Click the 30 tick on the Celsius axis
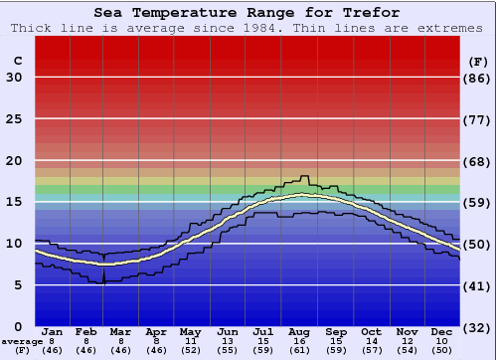(x=14, y=78)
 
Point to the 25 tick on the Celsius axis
(x=14, y=119)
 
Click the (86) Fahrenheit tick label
(x=477, y=78)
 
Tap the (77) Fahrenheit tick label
(x=477, y=119)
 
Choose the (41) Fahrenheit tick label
(x=477, y=285)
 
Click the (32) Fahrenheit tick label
(x=477, y=327)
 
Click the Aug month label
(x=300, y=331)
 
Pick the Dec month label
(x=442, y=331)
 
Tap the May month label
(x=190, y=331)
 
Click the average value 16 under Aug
(x=300, y=341)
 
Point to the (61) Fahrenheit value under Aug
(x=300, y=351)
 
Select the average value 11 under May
(x=190, y=341)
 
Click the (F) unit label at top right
(x=477, y=62)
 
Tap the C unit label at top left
(x=17, y=62)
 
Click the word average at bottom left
(x=22, y=341)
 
